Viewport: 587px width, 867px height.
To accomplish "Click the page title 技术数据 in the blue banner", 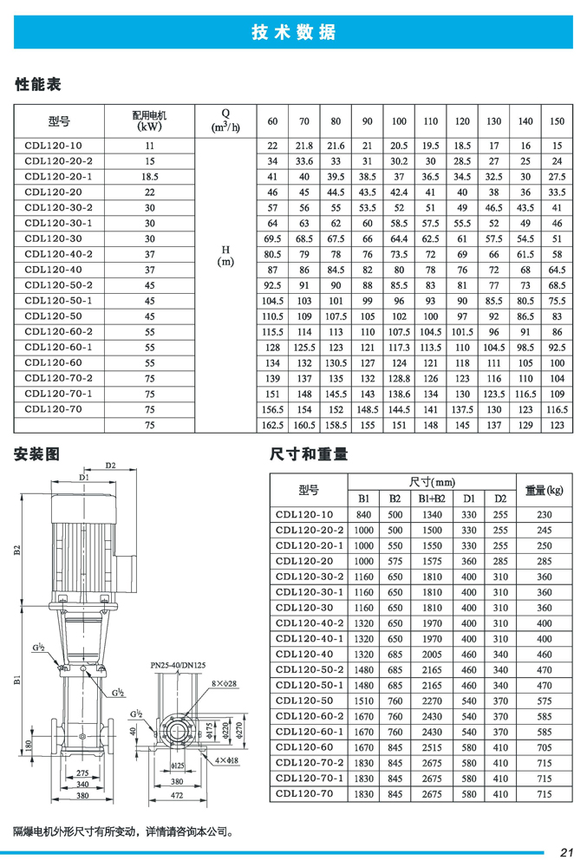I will (293, 33).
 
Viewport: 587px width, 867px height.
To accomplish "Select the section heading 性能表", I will (39, 85).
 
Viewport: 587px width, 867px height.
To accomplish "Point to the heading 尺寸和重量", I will (309, 453).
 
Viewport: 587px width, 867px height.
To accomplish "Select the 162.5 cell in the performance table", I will (273, 426).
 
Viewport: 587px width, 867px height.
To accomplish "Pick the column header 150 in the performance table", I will (557, 121).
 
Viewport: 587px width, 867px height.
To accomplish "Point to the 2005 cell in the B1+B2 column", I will (433, 655).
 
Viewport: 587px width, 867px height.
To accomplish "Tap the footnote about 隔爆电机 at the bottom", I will (122, 831).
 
